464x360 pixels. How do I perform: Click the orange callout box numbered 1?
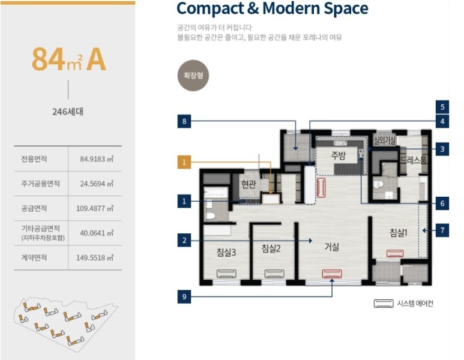tap(184, 162)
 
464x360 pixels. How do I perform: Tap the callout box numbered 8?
tap(184, 121)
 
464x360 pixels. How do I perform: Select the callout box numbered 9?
tap(184, 296)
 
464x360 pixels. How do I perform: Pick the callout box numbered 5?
tap(442, 107)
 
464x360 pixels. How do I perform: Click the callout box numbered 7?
tap(442, 230)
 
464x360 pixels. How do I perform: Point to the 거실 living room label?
tap(332, 247)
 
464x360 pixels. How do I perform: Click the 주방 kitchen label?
tap(338, 155)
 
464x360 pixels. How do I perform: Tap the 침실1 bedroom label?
tap(399, 233)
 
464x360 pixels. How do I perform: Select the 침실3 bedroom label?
tap(226, 253)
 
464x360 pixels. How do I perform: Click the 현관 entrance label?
tap(249, 184)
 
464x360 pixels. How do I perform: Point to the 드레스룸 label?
tap(414, 160)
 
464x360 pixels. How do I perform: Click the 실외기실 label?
tap(385, 140)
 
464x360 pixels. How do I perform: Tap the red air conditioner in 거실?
tap(332, 274)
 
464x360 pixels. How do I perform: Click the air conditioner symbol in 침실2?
tap(274, 274)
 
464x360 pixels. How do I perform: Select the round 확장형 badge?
tap(193, 76)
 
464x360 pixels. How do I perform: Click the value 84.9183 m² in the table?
tap(97, 159)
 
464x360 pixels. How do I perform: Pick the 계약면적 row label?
tap(34, 257)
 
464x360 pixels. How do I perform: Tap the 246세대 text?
tap(68, 112)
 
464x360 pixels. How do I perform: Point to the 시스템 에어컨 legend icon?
tap(383, 303)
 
